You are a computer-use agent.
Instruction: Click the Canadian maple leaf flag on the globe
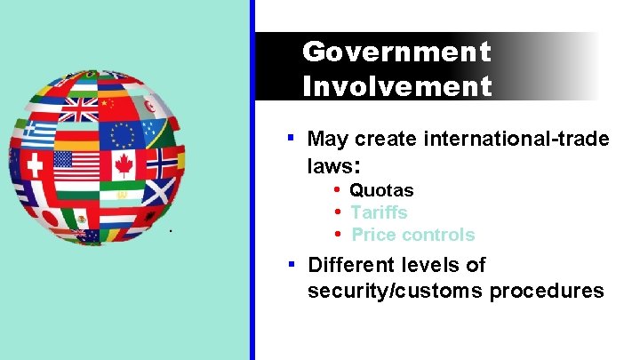pyautogui.click(x=124, y=164)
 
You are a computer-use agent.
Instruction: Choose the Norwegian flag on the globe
pyautogui.click(x=163, y=162)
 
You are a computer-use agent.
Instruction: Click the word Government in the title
pyautogui.click(x=396, y=52)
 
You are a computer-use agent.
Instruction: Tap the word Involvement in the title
pyautogui.click(x=396, y=86)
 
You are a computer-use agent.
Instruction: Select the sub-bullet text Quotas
pyautogui.click(x=381, y=190)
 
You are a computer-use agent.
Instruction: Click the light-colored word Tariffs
pyautogui.click(x=379, y=212)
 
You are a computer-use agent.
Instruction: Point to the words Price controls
pyautogui.click(x=413, y=235)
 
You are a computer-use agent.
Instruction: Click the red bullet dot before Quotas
pyautogui.click(x=338, y=190)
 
